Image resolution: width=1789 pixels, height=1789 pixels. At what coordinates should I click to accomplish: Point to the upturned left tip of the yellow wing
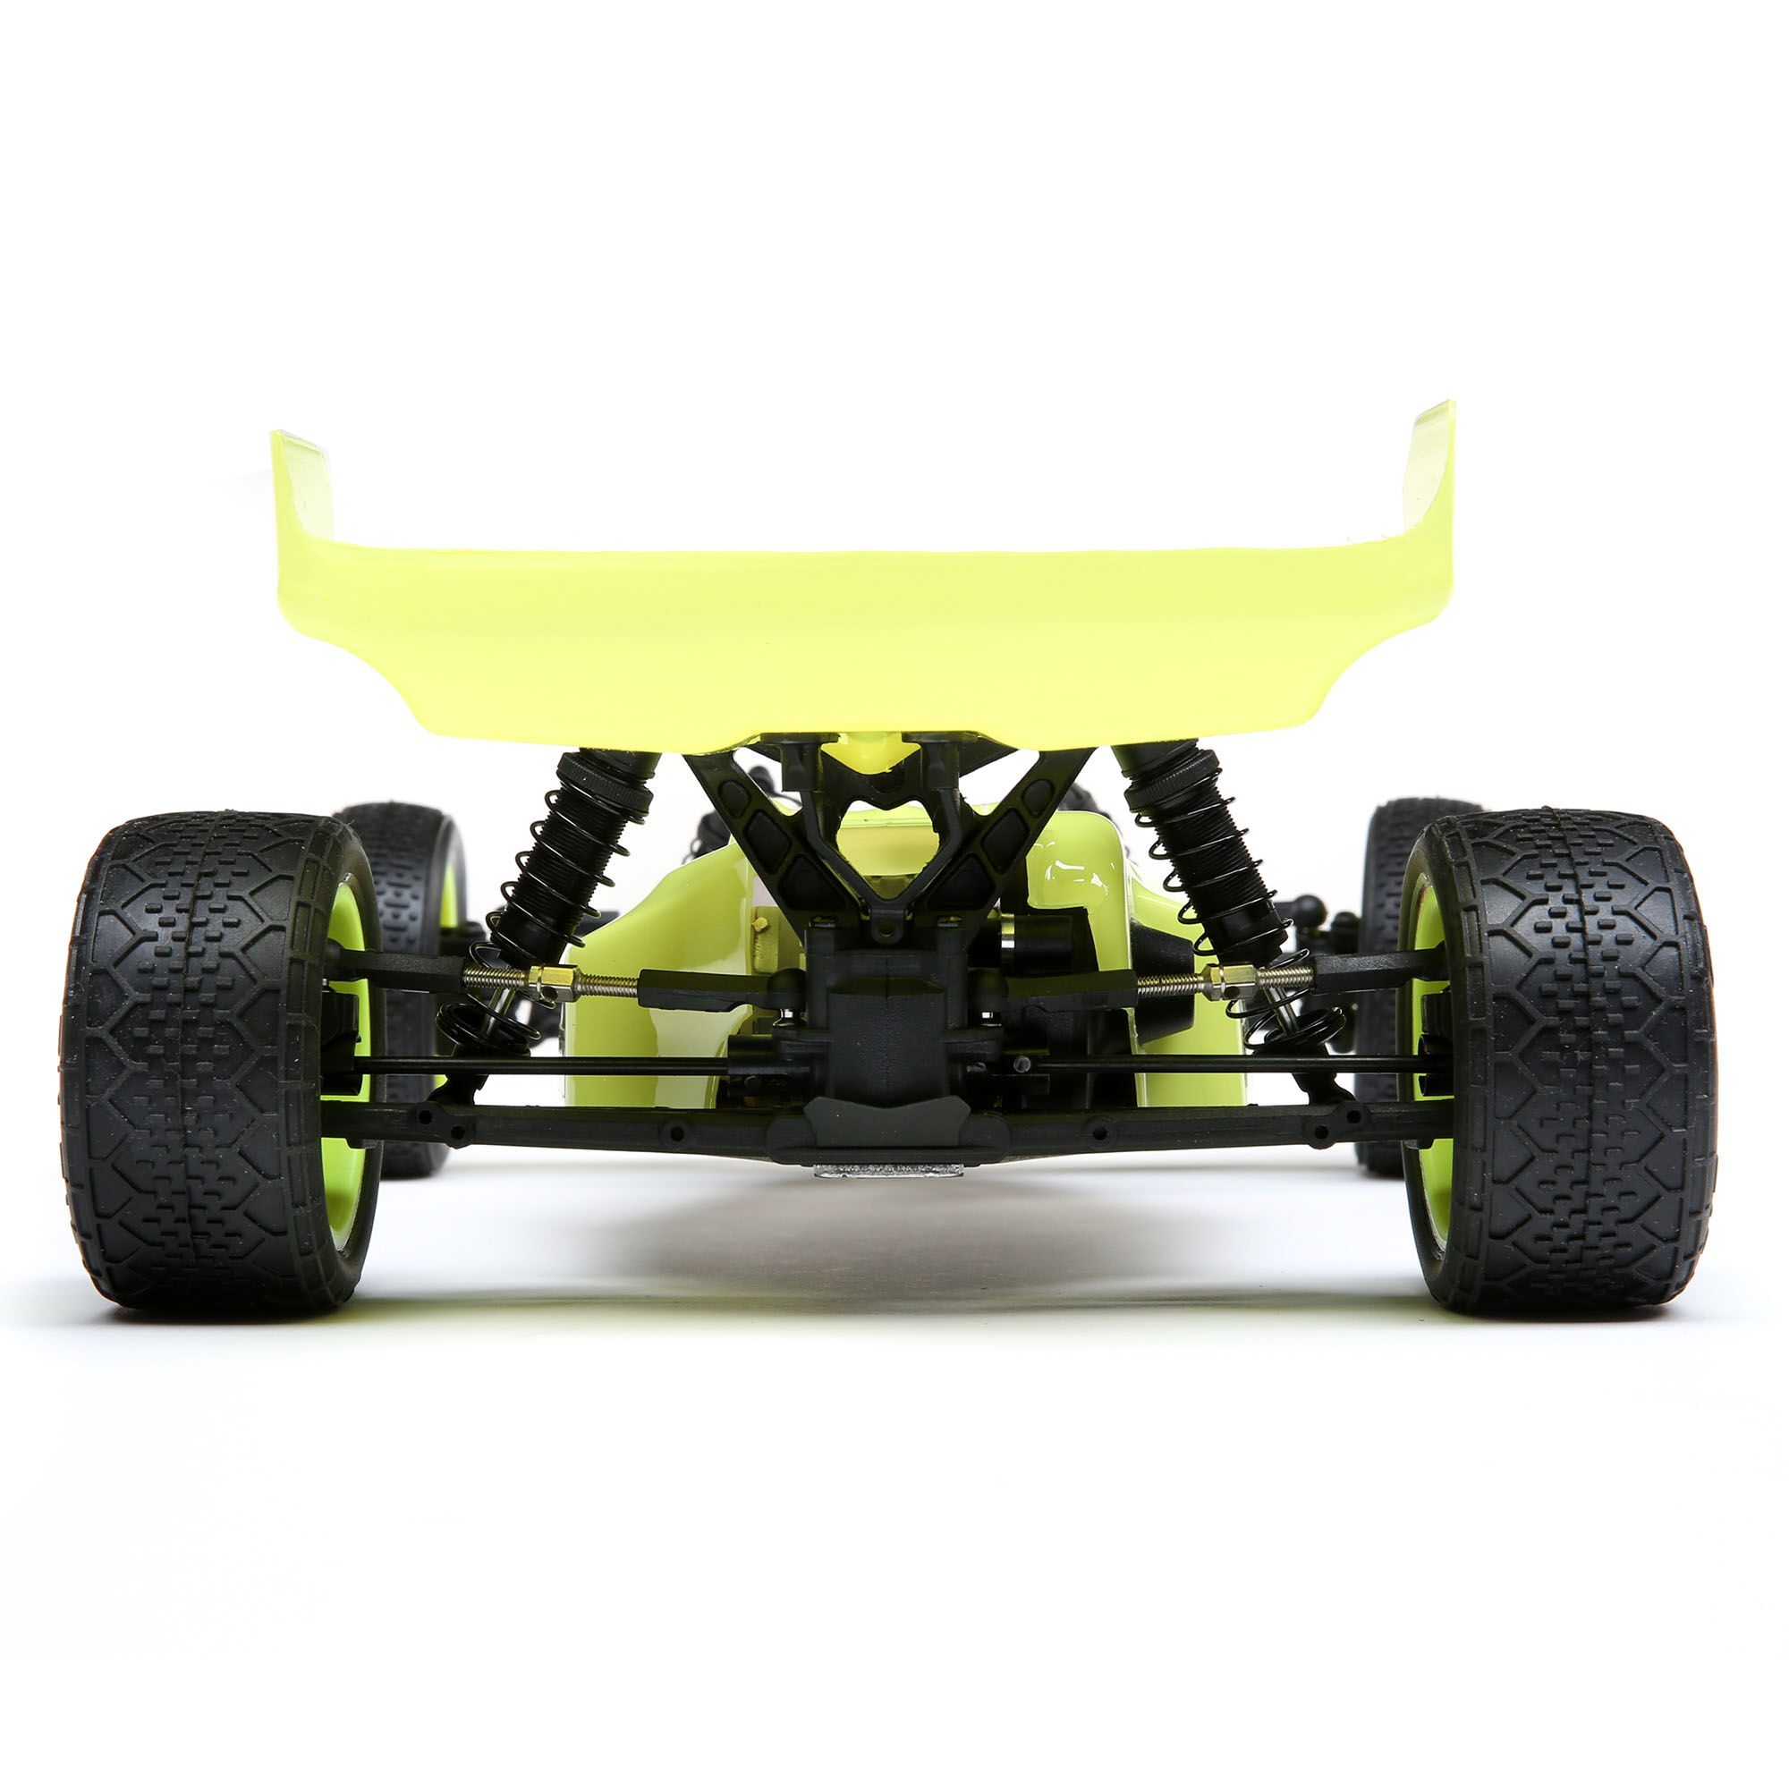(x=301, y=481)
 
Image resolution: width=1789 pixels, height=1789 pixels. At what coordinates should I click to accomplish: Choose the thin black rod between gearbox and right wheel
(x=1232, y=1064)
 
